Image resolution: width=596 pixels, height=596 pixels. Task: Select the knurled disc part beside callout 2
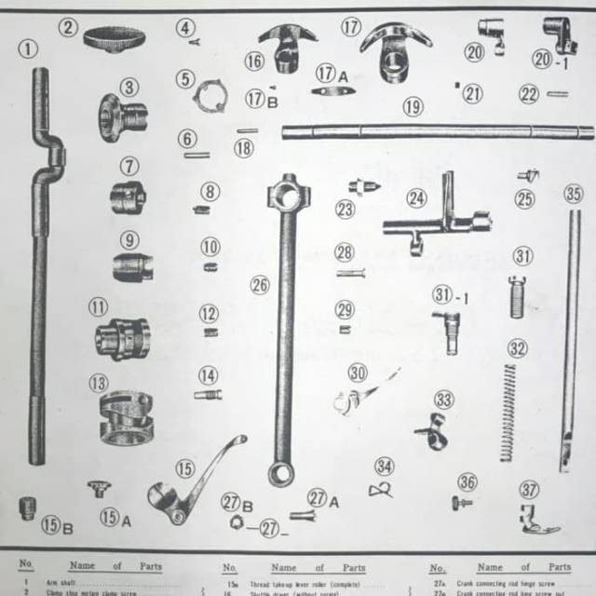coord(114,39)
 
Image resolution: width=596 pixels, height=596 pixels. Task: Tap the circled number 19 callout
coord(413,106)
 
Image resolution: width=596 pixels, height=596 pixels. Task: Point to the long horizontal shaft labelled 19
coord(438,131)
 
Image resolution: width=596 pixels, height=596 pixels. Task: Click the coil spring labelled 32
coord(508,410)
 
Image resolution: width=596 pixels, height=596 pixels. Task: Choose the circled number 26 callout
coord(260,284)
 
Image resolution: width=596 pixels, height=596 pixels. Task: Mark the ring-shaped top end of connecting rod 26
coord(283,193)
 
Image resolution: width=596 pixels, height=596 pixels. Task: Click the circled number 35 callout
coord(574,194)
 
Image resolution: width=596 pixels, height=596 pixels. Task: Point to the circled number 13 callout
coord(99,382)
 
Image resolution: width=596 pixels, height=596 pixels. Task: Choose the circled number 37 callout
coord(529,490)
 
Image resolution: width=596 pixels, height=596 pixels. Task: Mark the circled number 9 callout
coord(129,240)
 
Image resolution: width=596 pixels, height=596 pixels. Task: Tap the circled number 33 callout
coord(444,400)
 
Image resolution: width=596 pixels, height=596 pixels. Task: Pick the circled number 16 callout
coord(255,61)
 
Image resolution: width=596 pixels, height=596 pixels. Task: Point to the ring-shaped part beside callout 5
coord(210,95)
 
